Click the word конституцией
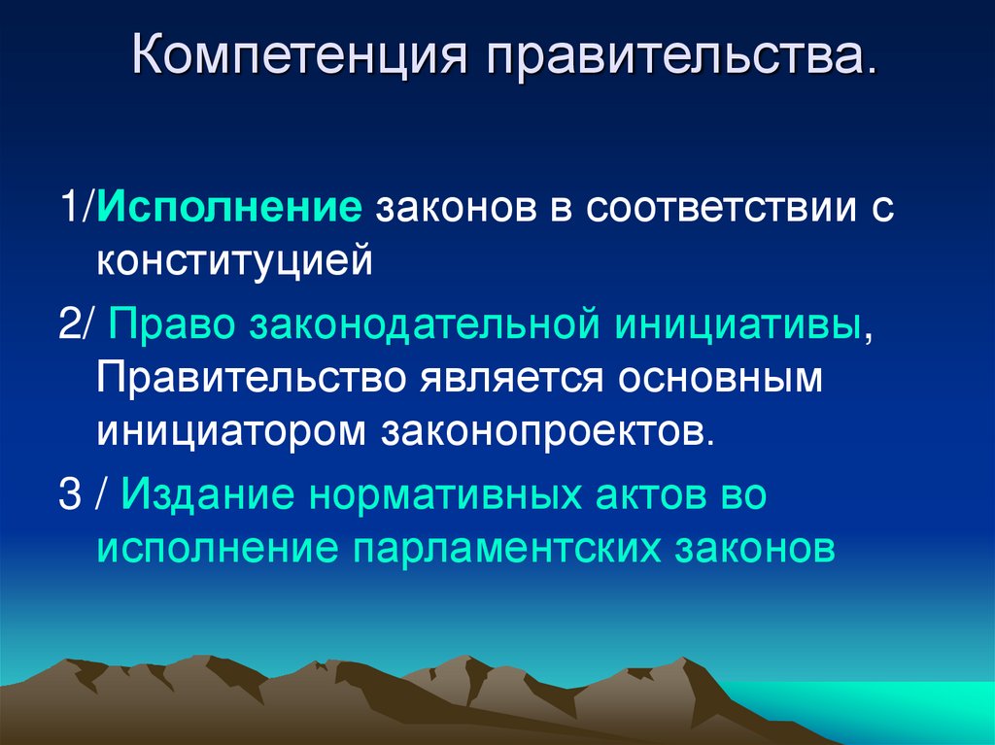(234, 261)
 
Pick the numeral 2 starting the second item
(68, 325)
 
